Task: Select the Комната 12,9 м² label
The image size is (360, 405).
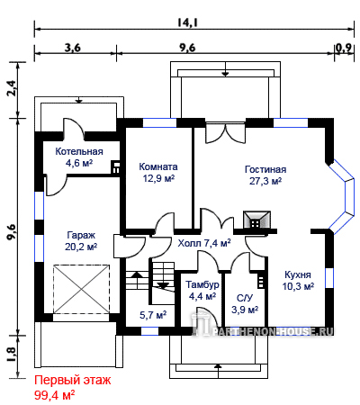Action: pyautogui.click(x=158, y=172)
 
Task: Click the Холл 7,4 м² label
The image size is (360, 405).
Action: pyautogui.click(x=204, y=243)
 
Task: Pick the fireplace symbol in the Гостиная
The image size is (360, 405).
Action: pyautogui.click(x=256, y=220)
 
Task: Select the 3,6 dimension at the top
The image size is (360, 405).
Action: pyautogui.click(x=73, y=48)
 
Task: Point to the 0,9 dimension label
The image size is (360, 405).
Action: pyautogui.click(x=344, y=48)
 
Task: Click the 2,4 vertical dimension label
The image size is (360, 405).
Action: pyautogui.click(x=13, y=88)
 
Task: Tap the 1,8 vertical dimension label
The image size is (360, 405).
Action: pyautogui.click(x=13, y=354)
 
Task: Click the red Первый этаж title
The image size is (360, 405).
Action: pyautogui.click(x=73, y=381)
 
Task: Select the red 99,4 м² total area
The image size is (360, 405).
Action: pyautogui.click(x=55, y=395)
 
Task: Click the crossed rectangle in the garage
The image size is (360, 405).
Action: pyautogui.click(x=81, y=289)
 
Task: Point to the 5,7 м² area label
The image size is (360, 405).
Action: pyautogui.click(x=153, y=315)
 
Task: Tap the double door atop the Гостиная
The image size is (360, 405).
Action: pyautogui.click(x=225, y=133)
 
